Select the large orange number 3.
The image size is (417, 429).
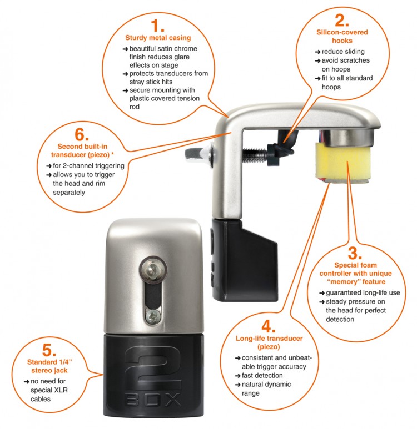[355, 253]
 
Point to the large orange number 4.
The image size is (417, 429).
[267, 326]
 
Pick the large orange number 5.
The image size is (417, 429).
[49, 350]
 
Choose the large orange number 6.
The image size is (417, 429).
[81, 134]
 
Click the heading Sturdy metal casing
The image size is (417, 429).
[158, 38]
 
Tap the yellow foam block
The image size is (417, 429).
[343, 161]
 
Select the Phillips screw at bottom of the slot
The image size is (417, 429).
[153, 317]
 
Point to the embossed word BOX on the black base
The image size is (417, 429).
[153, 400]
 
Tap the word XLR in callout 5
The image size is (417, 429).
[61, 390]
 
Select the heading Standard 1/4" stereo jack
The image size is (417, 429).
[49, 366]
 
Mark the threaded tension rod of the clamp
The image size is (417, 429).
[255, 153]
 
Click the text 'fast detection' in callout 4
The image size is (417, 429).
[262, 375]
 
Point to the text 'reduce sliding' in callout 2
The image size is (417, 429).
[343, 52]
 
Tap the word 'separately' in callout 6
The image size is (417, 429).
[69, 193]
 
